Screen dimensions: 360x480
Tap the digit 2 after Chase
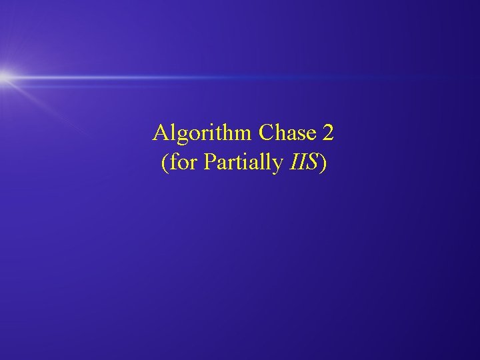[x=327, y=133]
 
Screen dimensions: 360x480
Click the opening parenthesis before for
[x=164, y=163]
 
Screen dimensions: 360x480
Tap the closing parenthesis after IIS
[x=323, y=163]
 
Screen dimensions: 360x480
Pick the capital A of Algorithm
[x=159, y=133]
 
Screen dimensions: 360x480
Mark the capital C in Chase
[x=266, y=133]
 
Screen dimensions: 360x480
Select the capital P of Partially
[x=209, y=163]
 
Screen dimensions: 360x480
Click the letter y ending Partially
[x=279, y=165]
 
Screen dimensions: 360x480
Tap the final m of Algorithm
[x=245, y=135]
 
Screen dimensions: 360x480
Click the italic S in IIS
[x=313, y=163]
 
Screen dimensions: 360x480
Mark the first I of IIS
[x=294, y=163]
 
